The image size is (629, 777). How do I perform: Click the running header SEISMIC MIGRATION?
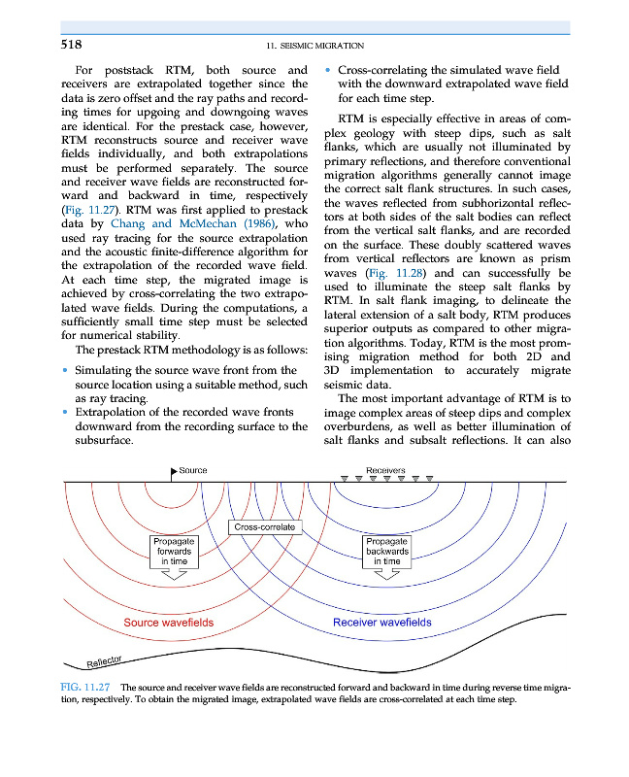(x=314, y=46)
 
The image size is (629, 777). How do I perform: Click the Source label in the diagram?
(x=193, y=471)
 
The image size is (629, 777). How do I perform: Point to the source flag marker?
(x=174, y=472)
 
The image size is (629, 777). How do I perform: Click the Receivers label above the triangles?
(x=386, y=470)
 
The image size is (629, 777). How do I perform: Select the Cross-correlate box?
(x=265, y=526)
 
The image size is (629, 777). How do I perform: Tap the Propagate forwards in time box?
(x=175, y=551)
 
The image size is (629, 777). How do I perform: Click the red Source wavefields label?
(x=169, y=623)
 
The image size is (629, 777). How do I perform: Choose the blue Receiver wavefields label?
(x=381, y=623)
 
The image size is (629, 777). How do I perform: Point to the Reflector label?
(x=104, y=661)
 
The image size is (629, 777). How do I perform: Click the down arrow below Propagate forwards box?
(x=174, y=574)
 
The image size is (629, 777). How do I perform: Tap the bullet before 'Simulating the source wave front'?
(x=65, y=370)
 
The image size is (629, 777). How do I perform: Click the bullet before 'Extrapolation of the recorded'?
(x=65, y=413)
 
